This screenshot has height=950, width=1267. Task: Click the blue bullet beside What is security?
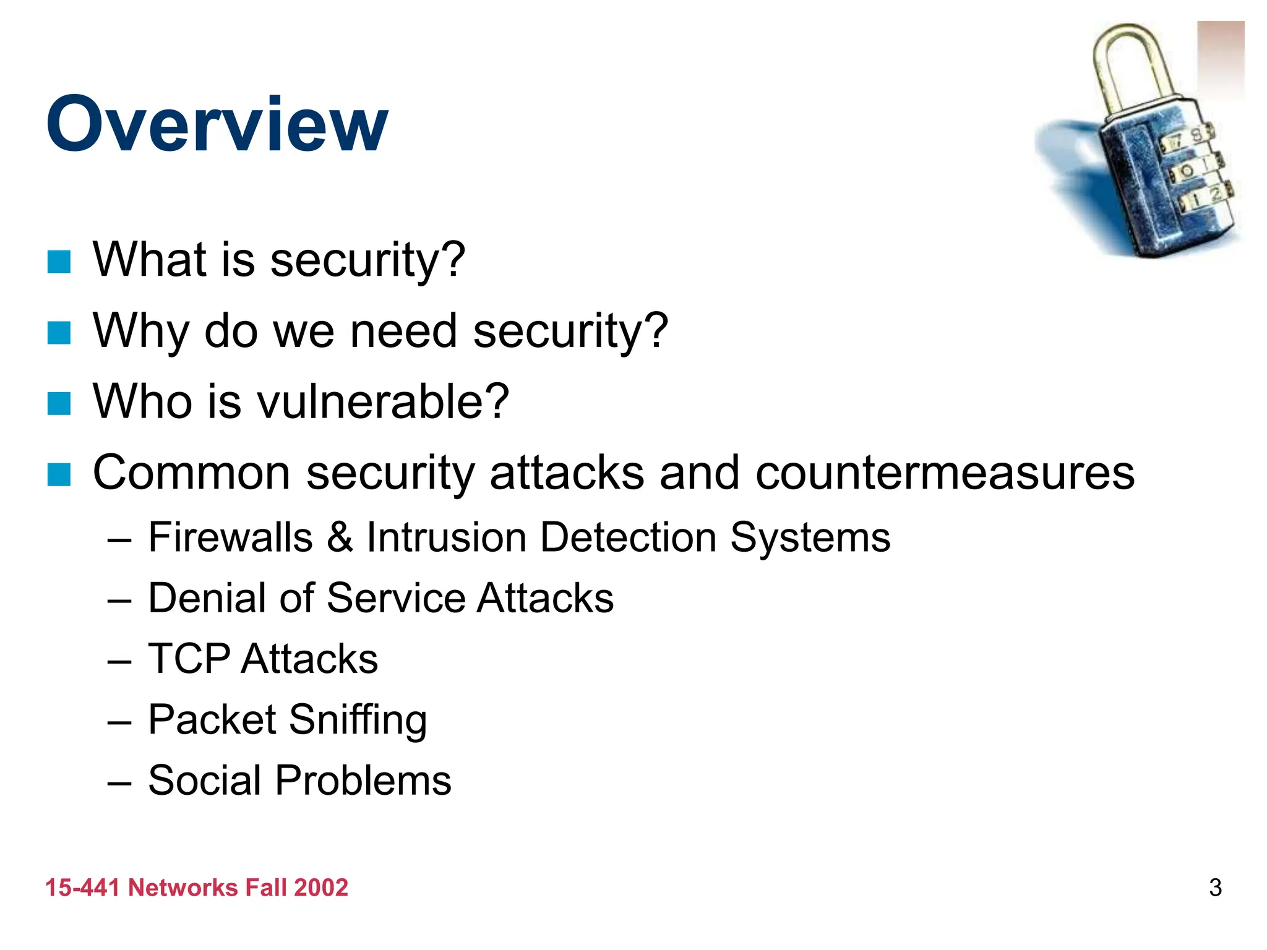[59, 262]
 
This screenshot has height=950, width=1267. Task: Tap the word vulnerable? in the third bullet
[383, 401]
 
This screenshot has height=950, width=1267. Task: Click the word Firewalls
[230, 537]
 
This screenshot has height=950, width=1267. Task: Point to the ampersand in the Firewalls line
[340, 537]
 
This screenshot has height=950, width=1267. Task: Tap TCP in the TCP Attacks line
[189, 659]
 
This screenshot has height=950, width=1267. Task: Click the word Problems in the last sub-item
[363, 781]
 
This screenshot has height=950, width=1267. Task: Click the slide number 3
[1215, 888]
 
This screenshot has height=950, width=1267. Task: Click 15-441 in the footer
[82, 888]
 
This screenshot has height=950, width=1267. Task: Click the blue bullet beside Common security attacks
[59, 475]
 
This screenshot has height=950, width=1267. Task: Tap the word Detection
[628, 537]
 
